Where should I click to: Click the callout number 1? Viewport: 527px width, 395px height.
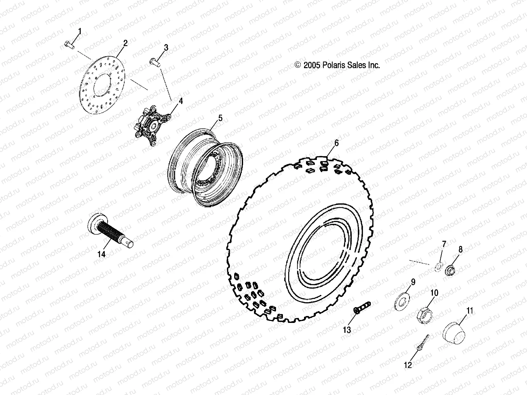pyautogui.click(x=79, y=32)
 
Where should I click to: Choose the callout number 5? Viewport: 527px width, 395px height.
pyautogui.click(x=220, y=118)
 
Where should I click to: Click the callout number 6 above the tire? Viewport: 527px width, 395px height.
pyautogui.click(x=336, y=143)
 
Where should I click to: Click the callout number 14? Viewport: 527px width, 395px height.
pyautogui.click(x=101, y=254)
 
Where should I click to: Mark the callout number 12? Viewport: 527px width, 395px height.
pyautogui.click(x=408, y=365)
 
